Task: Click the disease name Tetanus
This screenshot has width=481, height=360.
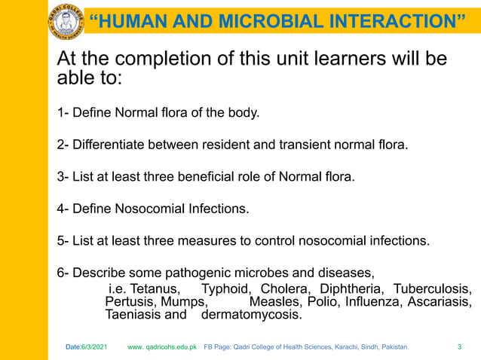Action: [155, 289]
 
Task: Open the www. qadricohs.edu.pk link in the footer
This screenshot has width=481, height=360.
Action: [162, 347]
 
